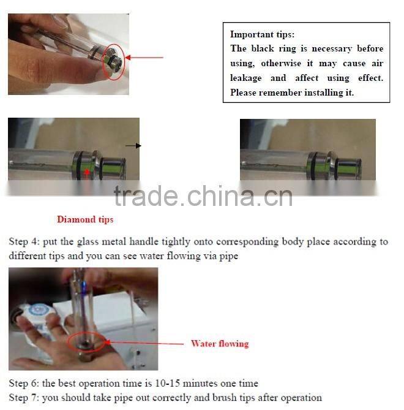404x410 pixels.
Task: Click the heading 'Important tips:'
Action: coord(262,34)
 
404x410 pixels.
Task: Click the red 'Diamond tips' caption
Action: coord(85,219)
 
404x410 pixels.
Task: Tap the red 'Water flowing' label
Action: coord(220,344)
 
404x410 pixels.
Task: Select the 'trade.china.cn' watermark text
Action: coord(203,196)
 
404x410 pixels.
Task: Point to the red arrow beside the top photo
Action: coord(144,57)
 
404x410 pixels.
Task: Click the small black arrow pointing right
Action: coord(133,146)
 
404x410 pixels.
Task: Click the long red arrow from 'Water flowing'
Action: coord(144,343)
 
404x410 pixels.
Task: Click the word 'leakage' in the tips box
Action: coord(245,78)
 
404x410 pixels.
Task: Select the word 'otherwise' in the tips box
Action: coord(281,63)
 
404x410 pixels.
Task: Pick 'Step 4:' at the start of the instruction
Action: coord(24,241)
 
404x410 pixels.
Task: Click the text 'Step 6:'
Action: coord(24,383)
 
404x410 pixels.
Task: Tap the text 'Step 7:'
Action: coord(24,398)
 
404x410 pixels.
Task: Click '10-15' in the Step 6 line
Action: coord(168,383)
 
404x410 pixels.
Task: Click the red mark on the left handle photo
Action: coord(87,172)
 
